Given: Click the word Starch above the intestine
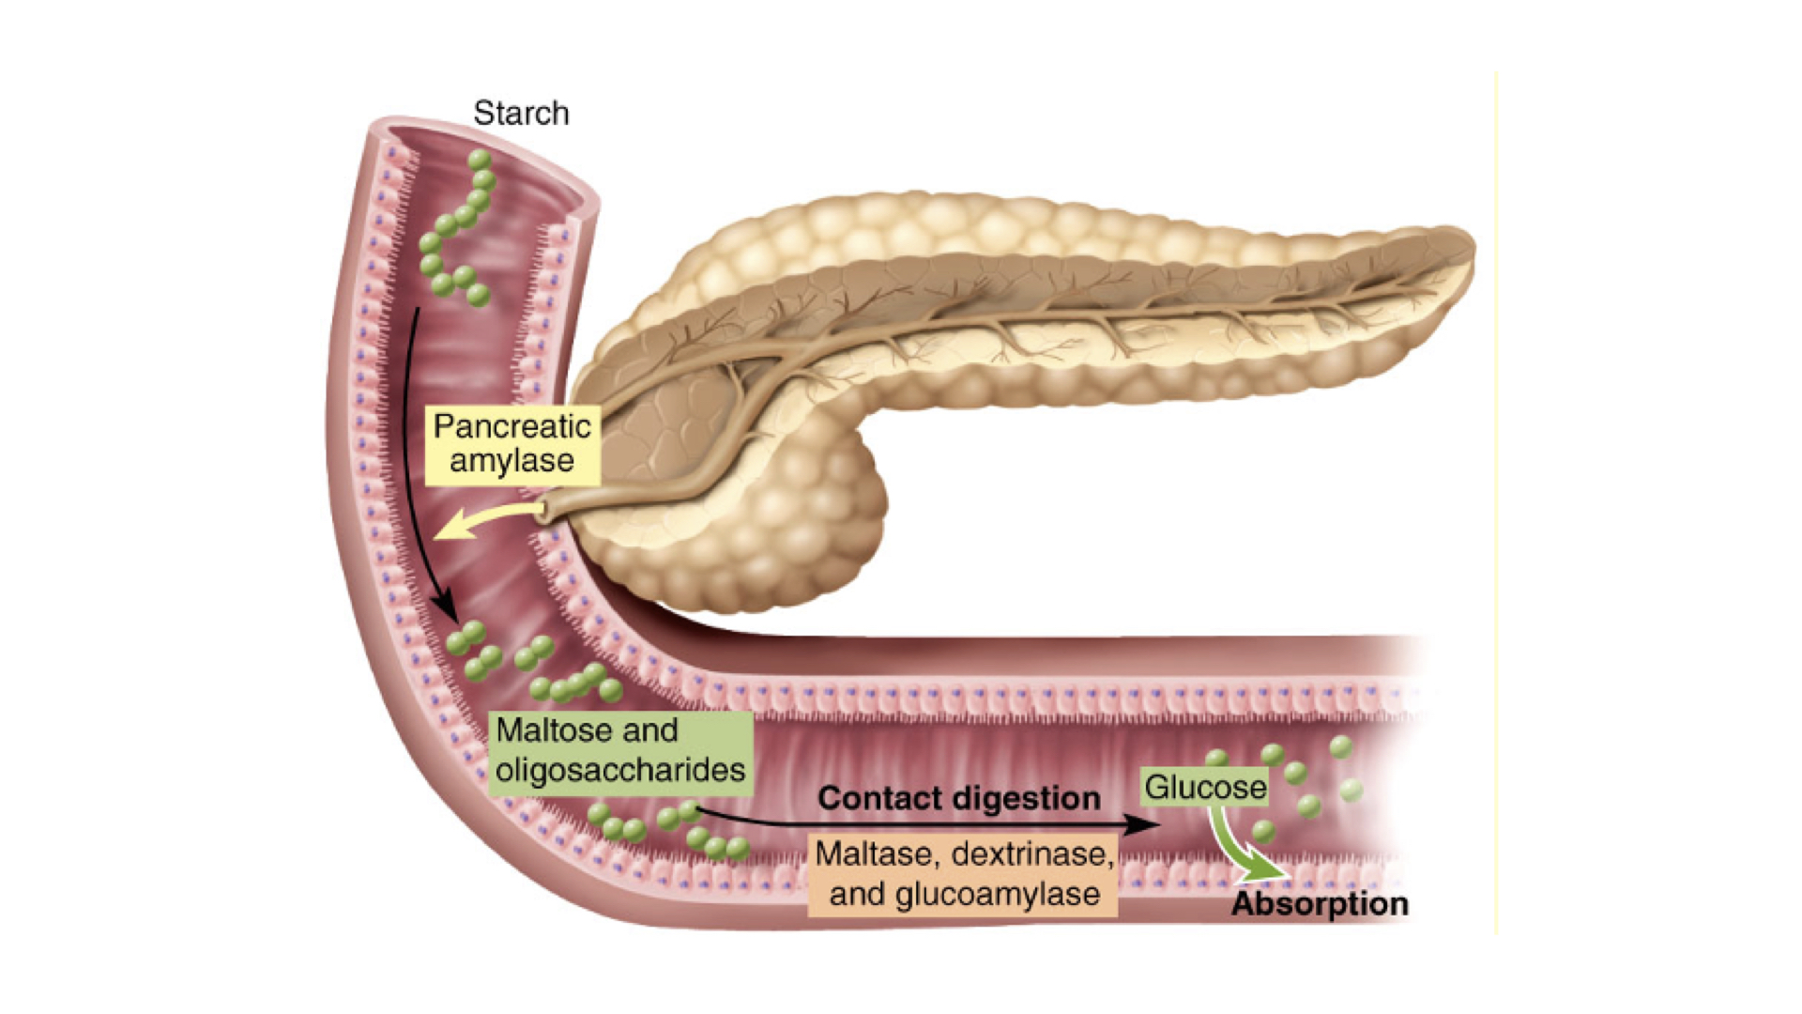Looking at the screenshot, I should point(521,114).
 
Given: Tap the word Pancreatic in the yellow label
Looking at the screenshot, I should point(512,427).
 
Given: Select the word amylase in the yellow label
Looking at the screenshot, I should point(512,461).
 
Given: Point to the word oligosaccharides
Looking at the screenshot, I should point(620,771).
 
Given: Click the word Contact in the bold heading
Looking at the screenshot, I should point(878,799).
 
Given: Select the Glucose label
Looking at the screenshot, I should point(1205,787).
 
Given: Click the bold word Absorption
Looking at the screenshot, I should point(1320,904).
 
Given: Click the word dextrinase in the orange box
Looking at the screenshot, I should point(1032,854).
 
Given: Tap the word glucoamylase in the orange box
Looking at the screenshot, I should point(998,895).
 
